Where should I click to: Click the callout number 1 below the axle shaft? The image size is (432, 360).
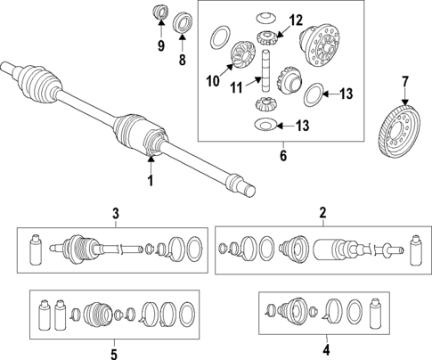pyautogui.click(x=151, y=182)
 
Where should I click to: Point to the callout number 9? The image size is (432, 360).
pyautogui.click(x=161, y=44)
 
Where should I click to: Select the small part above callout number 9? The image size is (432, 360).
pyautogui.click(x=162, y=13)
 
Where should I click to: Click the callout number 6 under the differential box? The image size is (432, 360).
pyautogui.click(x=283, y=155)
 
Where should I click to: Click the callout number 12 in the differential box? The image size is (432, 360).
pyautogui.click(x=296, y=20)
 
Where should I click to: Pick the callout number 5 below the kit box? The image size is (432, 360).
pyautogui.click(x=114, y=355)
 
